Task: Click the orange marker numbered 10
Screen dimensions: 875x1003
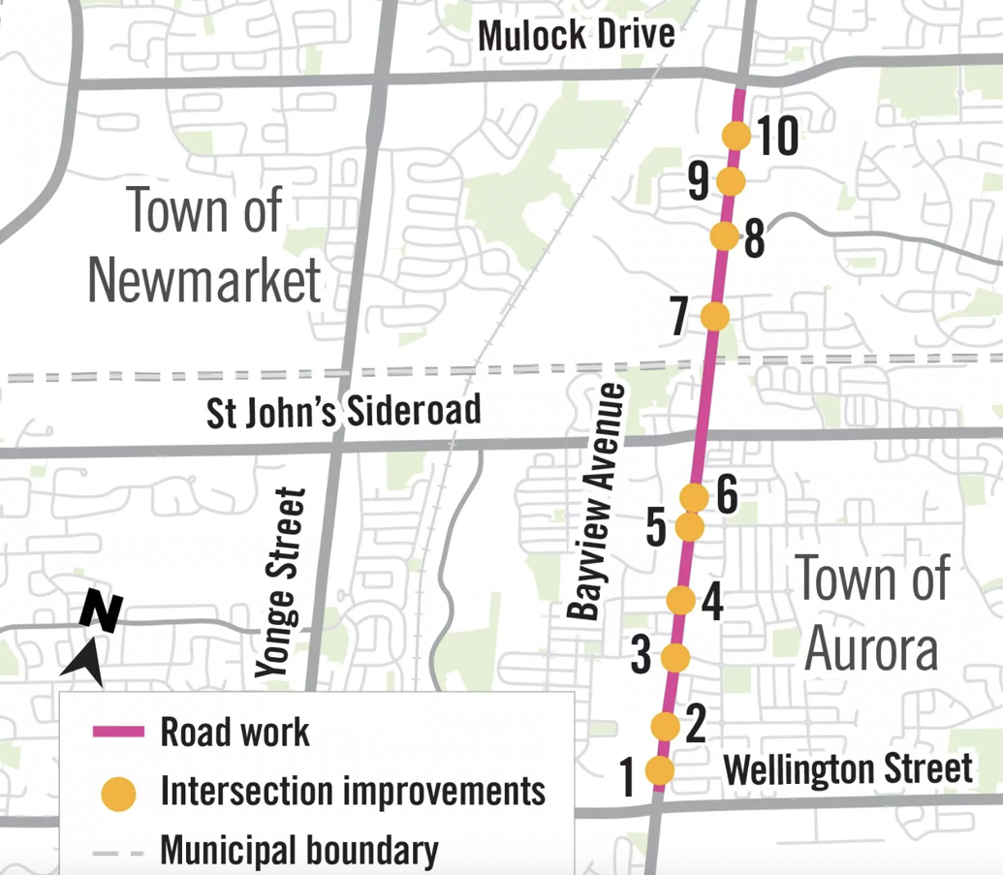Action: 737,136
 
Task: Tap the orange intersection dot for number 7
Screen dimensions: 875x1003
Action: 714,316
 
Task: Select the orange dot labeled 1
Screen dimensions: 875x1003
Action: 659,770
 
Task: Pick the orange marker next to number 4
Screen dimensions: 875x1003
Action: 681,601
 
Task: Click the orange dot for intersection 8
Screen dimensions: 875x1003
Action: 724,235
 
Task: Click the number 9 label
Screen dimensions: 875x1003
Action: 699,181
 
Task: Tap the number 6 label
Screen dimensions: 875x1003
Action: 727,496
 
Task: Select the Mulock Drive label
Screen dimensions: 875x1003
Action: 577,36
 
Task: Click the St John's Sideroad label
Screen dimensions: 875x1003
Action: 344,411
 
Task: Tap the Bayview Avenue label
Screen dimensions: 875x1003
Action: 597,501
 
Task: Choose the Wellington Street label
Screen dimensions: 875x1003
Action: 847,769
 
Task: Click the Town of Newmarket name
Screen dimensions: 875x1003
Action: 204,245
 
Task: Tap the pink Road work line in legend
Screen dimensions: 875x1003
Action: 118,732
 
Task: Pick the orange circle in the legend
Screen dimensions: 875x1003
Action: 118,792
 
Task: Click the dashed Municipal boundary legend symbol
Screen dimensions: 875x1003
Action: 118,852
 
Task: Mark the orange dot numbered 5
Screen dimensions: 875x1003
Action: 688,527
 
